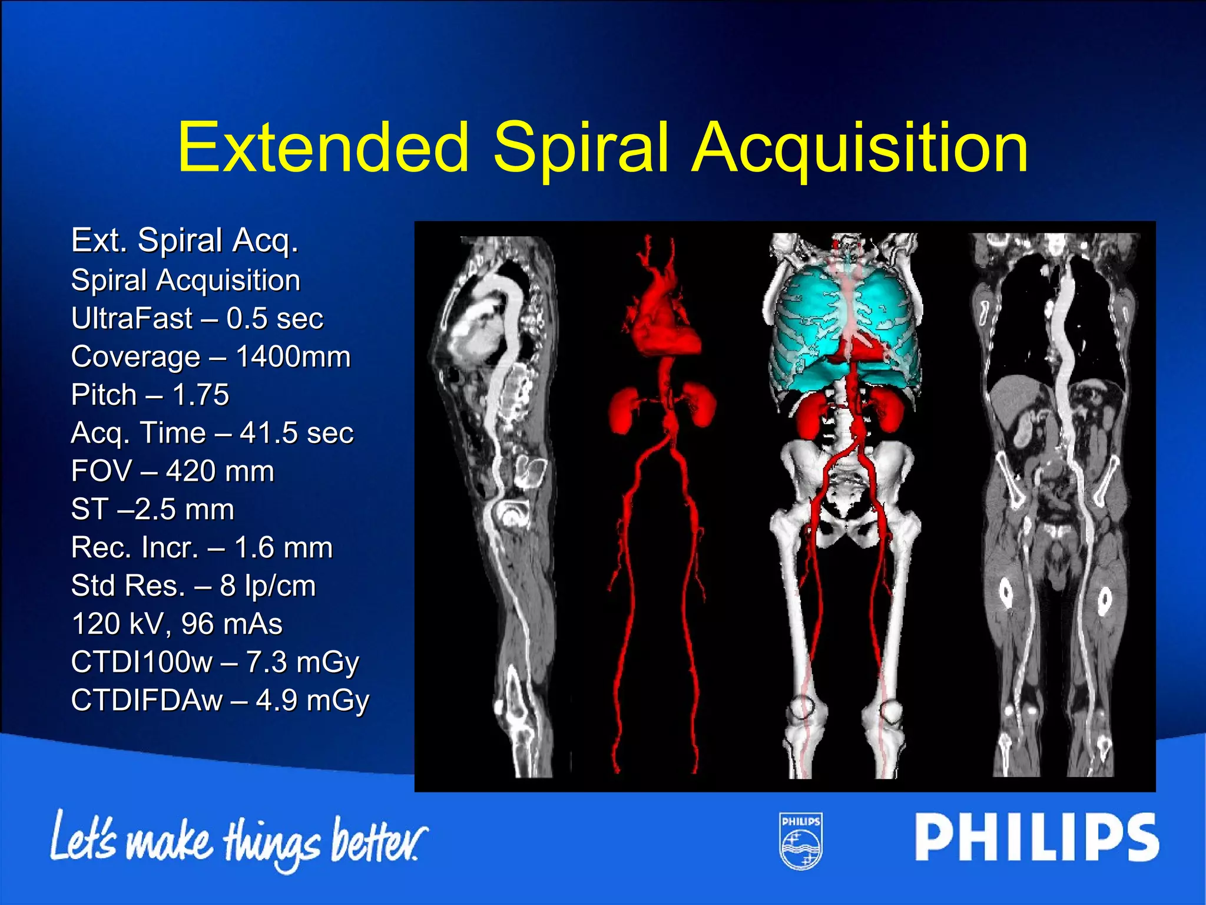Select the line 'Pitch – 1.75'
[x=150, y=395]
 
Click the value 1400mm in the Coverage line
[x=293, y=357]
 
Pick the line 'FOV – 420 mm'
[x=173, y=471]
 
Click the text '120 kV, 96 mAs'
[x=177, y=624]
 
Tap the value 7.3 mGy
[x=302, y=662]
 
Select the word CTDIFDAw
[x=147, y=701]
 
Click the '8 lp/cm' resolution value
[x=268, y=586]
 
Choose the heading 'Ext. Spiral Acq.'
[x=185, y=240]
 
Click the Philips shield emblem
[x=801, y=841]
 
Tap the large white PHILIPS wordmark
[x=1036, y=837]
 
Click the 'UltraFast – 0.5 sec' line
[x=197, y=319]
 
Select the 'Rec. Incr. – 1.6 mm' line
[x=202, y=547]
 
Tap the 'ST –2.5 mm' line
[x=153, y=510]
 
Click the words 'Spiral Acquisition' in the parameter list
[x=185, y=280]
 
